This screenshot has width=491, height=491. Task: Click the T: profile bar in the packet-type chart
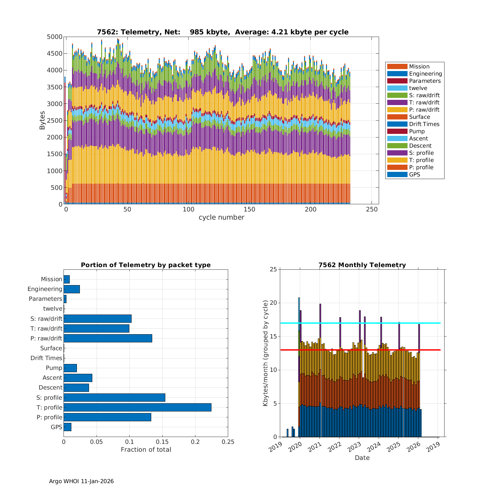tap(137, 407)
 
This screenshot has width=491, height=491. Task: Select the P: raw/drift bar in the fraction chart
tap(108, 338)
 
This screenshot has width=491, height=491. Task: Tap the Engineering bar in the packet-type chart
tap(72, 289)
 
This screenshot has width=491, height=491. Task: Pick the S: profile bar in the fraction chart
tap(114, 397)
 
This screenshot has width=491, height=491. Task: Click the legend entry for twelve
tap(418, 88)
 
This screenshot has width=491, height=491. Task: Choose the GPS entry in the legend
tap(414, 174)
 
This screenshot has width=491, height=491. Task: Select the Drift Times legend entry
tap(424, 124)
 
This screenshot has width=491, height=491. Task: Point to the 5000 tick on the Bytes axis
tap(55, 37)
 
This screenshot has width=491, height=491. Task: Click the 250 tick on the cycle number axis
tap(372, 209)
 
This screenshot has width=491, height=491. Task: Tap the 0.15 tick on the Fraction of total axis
tap(162, 442)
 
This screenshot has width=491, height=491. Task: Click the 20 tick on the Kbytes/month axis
tap(273, 303)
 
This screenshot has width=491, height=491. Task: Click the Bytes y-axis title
tap(42, 120)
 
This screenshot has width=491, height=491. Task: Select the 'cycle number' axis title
tap(221, 217)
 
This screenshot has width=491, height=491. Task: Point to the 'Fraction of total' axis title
tap(146, 449)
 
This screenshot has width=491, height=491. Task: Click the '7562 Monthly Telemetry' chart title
tap(362, 265)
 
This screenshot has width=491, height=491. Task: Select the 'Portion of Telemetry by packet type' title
tap(146, 265)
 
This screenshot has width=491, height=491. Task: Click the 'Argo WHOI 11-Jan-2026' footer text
tap(81, 481)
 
